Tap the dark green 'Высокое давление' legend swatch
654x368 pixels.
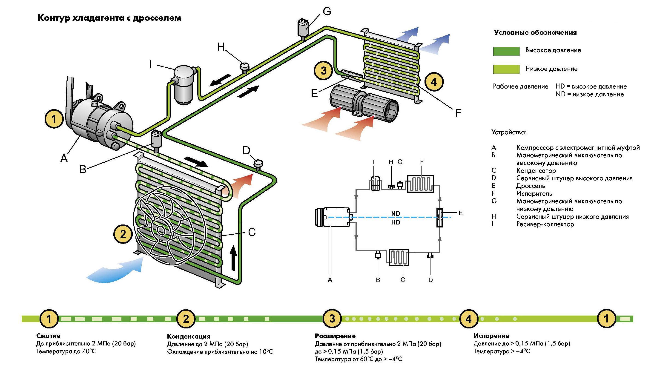506,51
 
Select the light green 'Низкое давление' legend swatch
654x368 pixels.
506,69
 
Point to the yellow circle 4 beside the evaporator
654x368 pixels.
434,82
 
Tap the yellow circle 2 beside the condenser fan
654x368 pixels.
123,234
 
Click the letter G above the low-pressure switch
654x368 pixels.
327,11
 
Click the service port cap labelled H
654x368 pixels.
244,67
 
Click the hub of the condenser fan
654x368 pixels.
161,230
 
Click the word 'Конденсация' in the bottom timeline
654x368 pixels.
188,336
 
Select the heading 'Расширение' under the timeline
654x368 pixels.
335,336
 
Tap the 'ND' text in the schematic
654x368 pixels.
396,214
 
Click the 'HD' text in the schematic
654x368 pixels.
396,222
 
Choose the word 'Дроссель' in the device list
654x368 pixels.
530,186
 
